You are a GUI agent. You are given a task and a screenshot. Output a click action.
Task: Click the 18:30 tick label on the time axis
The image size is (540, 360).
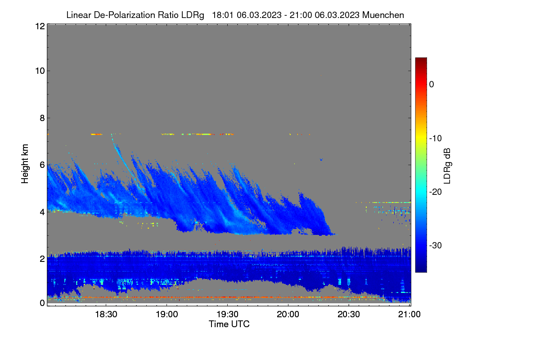(106, 314)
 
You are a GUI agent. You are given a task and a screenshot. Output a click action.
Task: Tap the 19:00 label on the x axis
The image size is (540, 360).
(167, 314)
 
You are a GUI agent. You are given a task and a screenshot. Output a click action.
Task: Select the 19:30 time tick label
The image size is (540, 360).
(227, 314)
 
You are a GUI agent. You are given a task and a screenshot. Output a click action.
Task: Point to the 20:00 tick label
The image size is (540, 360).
(288, 314)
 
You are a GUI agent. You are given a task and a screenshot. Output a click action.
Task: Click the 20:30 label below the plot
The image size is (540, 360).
(349, 314)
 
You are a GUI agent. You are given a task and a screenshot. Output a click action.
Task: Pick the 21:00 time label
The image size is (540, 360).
(409, 314)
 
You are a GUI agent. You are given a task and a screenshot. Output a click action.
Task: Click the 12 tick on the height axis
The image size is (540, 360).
(40, 26)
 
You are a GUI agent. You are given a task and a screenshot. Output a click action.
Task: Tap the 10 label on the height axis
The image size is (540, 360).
(40, 71)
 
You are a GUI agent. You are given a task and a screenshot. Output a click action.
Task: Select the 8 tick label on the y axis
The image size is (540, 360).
(42, 118)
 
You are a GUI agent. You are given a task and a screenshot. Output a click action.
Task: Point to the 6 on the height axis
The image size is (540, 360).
(42, 165)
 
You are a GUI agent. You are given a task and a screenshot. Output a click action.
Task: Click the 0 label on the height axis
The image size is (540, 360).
(42, 303)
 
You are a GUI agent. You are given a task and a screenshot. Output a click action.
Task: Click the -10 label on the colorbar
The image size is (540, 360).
(436, 139)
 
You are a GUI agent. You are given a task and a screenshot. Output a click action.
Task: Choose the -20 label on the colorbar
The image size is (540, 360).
(436, 192)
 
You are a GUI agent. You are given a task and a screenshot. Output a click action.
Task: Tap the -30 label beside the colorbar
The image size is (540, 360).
(436, 245)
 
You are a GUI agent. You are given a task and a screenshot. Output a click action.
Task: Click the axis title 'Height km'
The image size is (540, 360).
(25, 164)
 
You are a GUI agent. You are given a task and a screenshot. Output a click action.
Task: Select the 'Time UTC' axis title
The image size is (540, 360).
(229, 324)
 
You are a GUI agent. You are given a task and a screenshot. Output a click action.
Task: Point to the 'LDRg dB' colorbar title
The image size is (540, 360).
(447, 166)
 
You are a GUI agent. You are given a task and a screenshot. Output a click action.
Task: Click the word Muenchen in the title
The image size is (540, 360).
(383, 15)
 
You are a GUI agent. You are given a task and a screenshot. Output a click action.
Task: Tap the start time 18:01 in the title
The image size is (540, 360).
(222, 15)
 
